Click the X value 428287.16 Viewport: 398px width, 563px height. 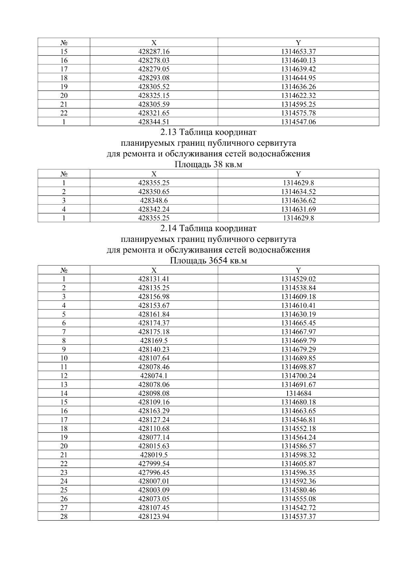154,52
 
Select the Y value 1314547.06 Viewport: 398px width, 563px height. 298,122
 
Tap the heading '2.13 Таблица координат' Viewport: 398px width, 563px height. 208,132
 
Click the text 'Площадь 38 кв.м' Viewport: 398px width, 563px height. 208,165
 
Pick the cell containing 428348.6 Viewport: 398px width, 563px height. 154,201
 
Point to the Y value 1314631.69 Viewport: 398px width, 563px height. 298,209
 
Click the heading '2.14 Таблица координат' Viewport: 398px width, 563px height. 208,229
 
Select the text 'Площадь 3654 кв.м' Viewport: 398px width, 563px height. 208,261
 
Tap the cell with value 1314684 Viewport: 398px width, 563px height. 298,393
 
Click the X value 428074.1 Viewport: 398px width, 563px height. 154,376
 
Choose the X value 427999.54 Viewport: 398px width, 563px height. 154,464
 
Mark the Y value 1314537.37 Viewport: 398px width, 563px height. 298,517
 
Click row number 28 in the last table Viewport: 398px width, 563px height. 64,517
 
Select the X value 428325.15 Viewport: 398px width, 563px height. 154,96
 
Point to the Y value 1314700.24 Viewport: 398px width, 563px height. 298,376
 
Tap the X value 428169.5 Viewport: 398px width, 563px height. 154,341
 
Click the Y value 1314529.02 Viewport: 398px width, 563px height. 298,279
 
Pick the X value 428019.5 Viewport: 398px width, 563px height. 154,455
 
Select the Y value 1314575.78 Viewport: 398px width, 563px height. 298,113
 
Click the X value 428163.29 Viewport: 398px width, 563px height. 154,411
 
